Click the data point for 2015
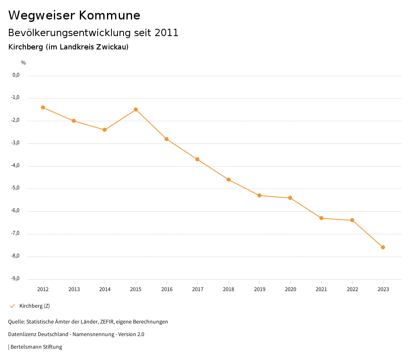136,109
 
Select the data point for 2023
383,247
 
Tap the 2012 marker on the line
43,107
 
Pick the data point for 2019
259,195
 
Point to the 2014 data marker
105,130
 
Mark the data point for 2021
321,218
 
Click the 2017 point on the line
197,159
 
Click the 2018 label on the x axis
229,289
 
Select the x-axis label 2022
352,289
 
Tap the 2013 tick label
74,289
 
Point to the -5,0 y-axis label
16,188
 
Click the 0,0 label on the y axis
16,75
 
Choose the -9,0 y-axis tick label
16,279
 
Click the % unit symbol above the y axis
24,63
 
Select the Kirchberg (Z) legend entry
34,306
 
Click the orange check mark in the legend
12,306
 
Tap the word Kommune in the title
109,15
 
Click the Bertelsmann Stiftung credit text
36,347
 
